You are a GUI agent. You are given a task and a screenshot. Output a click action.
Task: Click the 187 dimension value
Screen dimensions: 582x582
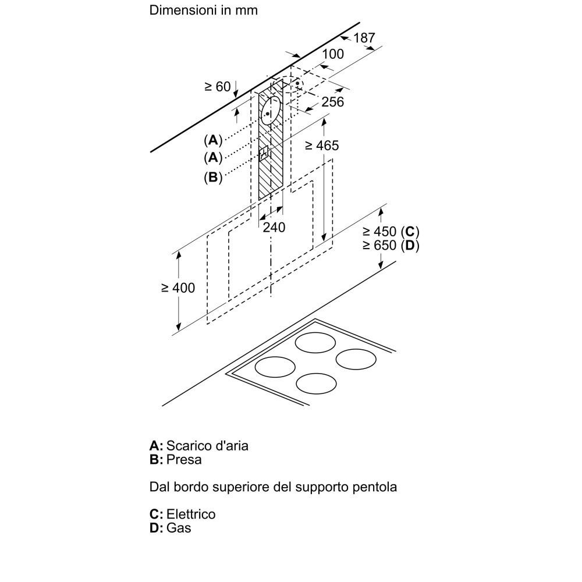[x=364, y=38]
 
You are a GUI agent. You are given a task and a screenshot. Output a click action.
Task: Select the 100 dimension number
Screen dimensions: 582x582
[x=332, y=54]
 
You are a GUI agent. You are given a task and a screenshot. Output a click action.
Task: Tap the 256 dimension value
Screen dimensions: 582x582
[x=333, y=102]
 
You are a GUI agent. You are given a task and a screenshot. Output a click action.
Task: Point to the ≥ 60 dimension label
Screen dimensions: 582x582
[x=218, y=87]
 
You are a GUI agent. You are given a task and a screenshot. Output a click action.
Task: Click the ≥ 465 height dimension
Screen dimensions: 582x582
[x=321, y=145]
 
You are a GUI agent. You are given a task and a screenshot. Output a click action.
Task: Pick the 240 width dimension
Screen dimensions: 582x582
[x=274, y=228]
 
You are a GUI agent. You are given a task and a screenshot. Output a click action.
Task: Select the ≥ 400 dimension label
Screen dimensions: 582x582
[x=178, y=288]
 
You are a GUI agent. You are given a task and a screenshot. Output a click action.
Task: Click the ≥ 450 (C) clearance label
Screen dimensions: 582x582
[x=391, y=230]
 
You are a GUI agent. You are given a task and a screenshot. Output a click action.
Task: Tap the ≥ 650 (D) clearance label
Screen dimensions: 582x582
[x=391, y=245]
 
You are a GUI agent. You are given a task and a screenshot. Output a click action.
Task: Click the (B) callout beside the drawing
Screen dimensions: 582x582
[x=214, y=178]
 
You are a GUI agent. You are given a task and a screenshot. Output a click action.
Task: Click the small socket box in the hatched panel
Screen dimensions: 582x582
[x=265, y=154]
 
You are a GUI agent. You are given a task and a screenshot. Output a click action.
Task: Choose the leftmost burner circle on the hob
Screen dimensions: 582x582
[x=275, y=367]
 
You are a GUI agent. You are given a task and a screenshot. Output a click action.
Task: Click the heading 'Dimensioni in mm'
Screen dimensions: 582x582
[x=204, y=10]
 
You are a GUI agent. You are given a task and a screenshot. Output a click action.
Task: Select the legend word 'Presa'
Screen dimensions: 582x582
[x=184, y=460]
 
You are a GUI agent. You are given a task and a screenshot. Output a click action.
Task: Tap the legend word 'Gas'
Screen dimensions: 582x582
[x=179, y=528]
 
